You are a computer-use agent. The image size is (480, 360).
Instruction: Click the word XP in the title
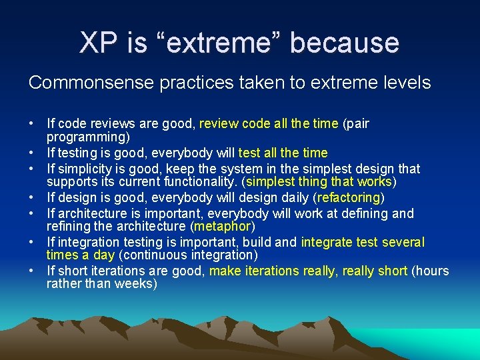98,43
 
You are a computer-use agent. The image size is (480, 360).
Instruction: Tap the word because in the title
345,43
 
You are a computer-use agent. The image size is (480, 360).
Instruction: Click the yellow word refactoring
349,198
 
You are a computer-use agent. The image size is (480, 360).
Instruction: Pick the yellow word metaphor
222,227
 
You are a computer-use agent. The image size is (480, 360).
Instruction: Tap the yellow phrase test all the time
283,153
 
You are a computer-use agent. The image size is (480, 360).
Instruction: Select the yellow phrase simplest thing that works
319,182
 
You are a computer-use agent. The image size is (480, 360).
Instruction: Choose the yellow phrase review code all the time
269,123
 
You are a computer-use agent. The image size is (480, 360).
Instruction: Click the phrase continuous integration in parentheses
189,255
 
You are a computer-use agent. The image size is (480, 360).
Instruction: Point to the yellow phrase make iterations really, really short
309,271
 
